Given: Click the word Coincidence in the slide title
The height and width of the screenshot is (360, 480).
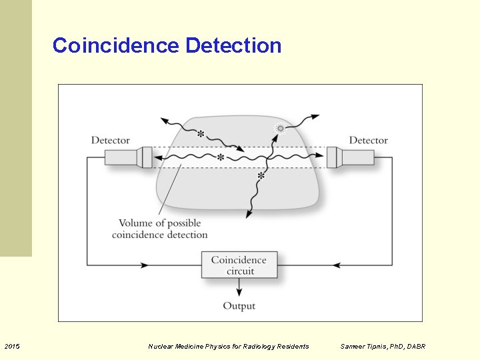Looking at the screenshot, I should coord(116,46).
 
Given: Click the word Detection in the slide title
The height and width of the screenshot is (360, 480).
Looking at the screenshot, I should coord(234,46).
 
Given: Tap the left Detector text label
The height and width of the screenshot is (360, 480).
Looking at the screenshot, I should coord(110,140).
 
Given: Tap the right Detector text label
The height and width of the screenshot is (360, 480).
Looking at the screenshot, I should coord(368,140).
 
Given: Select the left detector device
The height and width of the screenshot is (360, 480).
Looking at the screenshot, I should coord(128,157).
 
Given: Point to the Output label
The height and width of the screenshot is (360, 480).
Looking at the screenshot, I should coord(239,306).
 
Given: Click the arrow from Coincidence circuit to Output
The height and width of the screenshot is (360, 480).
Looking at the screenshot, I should coord(239,288).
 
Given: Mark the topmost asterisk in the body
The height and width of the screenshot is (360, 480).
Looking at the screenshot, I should coord(201,134).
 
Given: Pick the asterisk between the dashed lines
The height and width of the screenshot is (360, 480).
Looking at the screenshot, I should coord(220,158).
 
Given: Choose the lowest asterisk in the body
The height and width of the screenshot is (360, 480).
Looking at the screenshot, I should coord(261,177).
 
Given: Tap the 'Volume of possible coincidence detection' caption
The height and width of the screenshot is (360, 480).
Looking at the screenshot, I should coord(160,229).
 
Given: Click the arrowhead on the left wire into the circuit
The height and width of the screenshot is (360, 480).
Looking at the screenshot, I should coord(145,265).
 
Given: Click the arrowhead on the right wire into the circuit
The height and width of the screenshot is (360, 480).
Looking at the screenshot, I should coord(337,265).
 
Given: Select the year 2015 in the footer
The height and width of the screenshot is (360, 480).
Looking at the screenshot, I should coord(12,346).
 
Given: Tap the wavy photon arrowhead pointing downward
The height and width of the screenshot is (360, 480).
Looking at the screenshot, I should coord(249,214).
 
